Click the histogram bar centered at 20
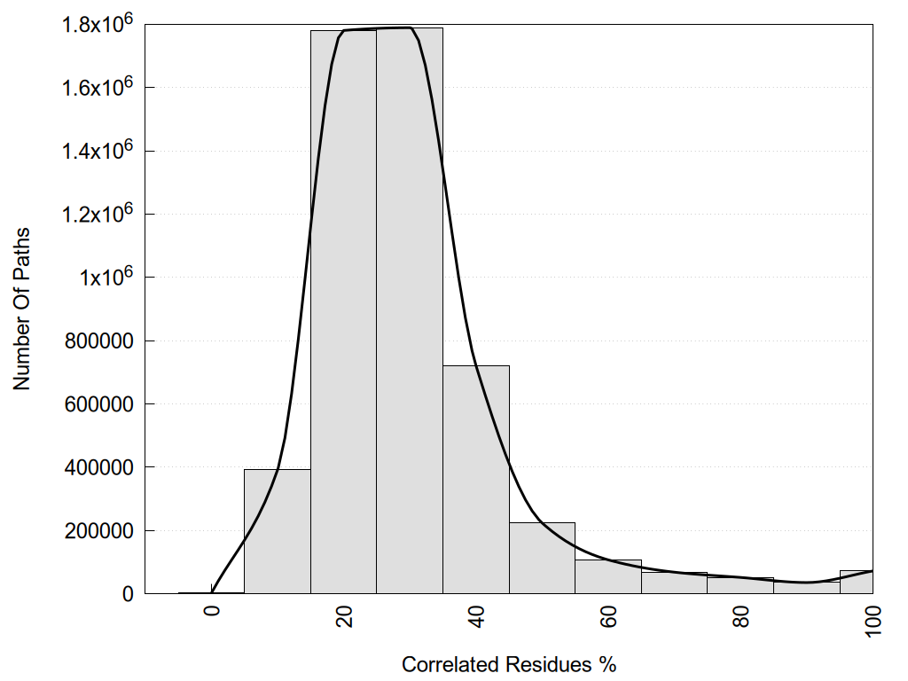click(343, 310)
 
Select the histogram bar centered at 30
click(410, 310)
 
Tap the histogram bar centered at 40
click(476, 479)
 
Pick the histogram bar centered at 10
click(277, 532)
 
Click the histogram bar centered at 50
click(542, 559)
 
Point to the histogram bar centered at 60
click(608, 577)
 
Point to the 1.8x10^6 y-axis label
click(97, 24)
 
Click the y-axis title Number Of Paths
click(22, 309)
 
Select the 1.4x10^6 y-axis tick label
click(97, 151)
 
